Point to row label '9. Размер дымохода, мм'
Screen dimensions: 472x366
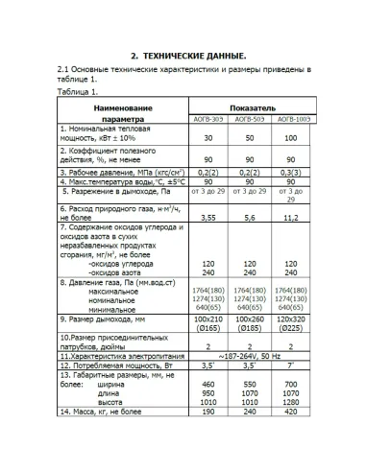(x=107, y=318)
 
